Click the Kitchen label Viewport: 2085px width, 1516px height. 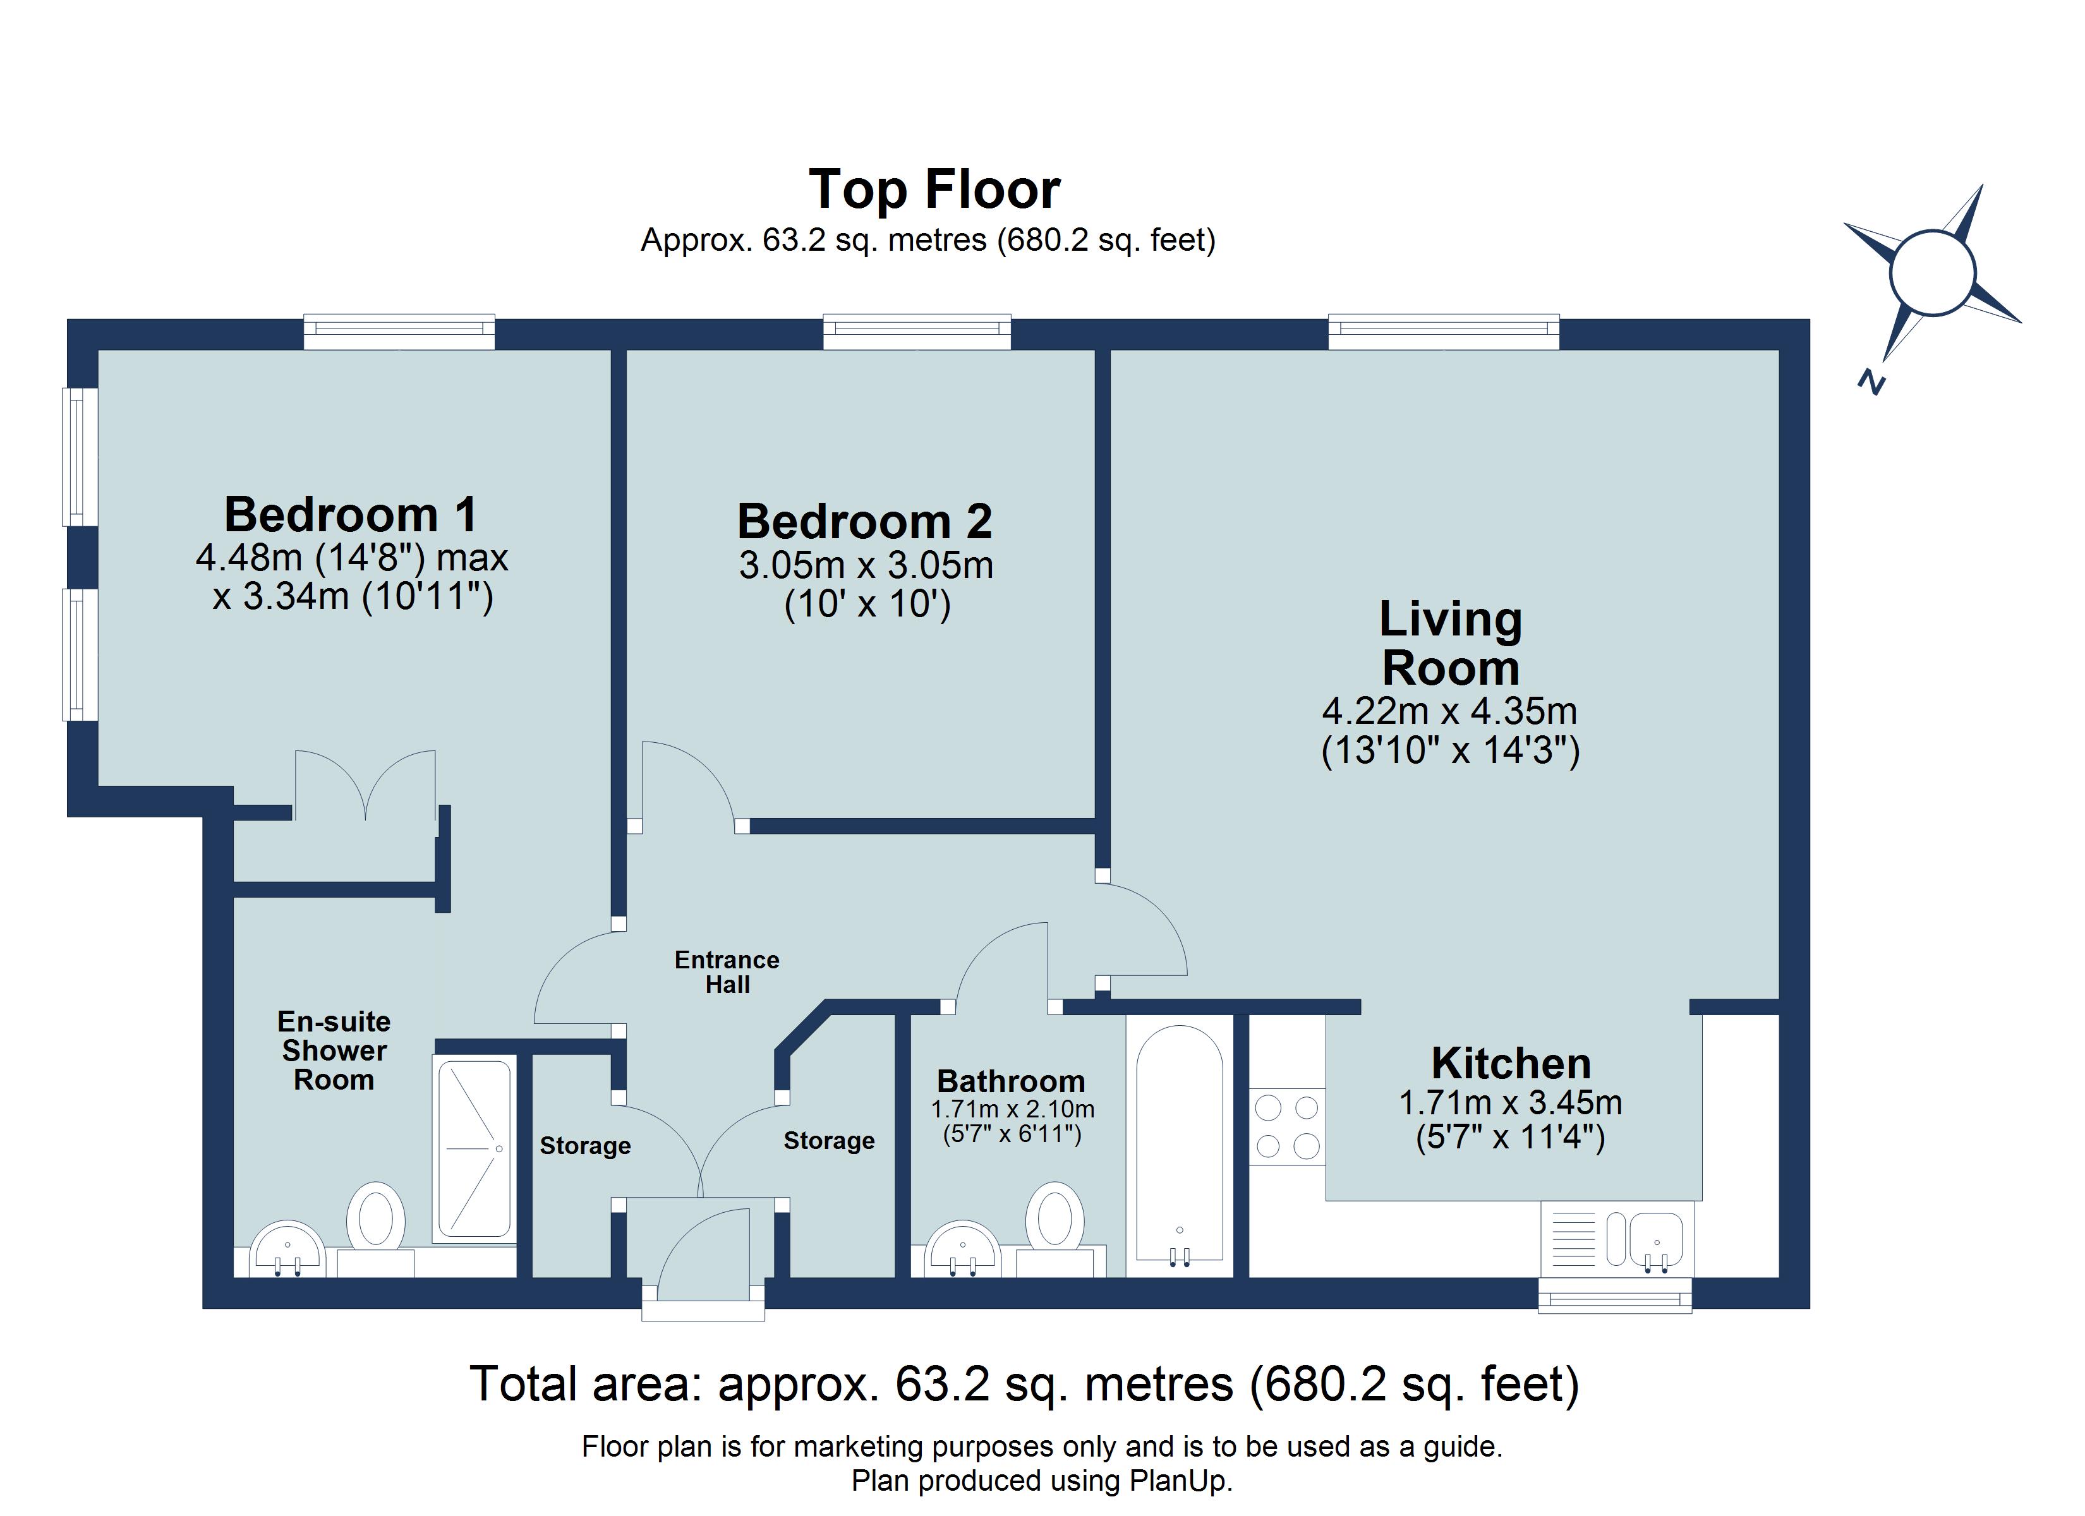[1511, 1064]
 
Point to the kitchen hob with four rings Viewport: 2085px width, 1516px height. [1287, 1126]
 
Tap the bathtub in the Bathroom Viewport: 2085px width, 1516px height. [1180, 1145]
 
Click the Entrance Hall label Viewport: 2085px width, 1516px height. [726, 972]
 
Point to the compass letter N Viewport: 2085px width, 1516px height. [1871, 382]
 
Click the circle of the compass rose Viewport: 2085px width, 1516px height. [1932, 273]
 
